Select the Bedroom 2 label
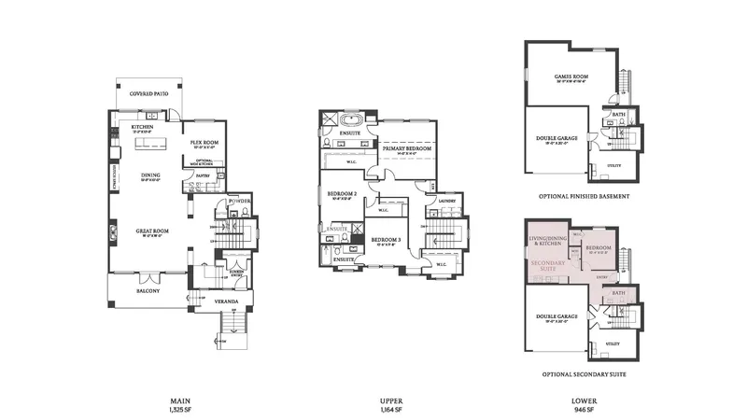pos(339,193)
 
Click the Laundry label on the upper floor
pos(445,199)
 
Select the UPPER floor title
pos(391,399)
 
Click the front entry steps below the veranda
pos(230,331)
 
